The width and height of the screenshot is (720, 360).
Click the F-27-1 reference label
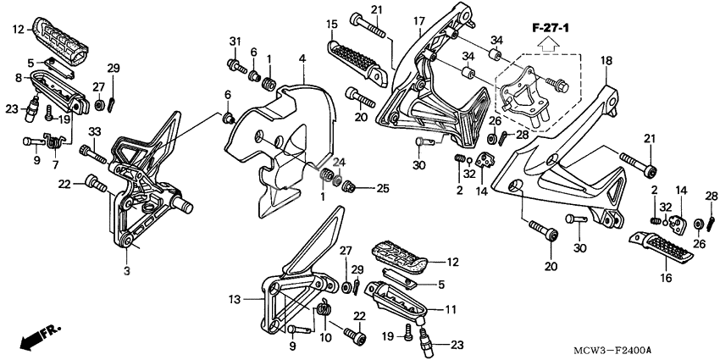551,30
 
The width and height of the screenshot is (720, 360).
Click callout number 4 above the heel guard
302,58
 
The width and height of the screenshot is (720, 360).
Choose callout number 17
418,20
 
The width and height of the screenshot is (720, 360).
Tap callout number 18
606,61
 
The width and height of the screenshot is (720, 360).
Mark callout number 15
331,23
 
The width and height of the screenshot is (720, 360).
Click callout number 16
664,276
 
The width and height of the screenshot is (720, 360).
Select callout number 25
382,187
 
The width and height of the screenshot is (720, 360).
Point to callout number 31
235,42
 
